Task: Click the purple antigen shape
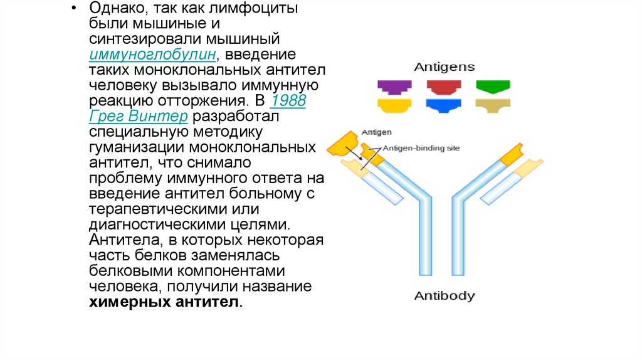[394, 87]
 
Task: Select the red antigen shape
[443, 87]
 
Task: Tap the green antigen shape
[493, 87]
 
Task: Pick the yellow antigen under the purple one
[394, 105]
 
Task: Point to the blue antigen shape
[443, 105]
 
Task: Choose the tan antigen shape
[493, 105]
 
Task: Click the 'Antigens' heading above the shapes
[444, 67]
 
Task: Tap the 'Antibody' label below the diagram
[445, 295]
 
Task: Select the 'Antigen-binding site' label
[421, 148]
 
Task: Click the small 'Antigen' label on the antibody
[377, 132]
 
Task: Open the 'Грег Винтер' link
[139, 117]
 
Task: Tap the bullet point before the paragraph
[75, 9]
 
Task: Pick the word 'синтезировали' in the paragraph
[134, 40]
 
